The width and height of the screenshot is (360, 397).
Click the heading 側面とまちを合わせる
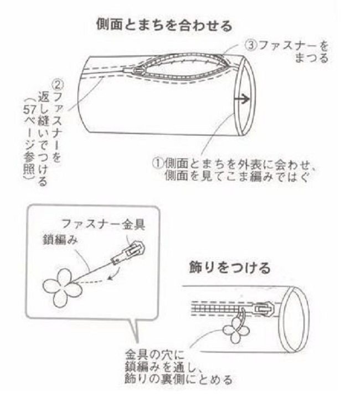(x=164, y=25)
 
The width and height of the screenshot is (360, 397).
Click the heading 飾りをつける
(x=230, y=268)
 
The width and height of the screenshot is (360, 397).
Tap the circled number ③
(x=251, y=46)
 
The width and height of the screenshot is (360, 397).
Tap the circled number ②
(x=58, y=85)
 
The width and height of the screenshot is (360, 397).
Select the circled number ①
(x=158, y=163)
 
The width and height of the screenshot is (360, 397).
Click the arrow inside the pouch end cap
(x=242, y=100)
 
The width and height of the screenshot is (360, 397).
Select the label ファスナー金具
(x=104, y=224)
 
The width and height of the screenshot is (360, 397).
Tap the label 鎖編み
(x=60, y=240)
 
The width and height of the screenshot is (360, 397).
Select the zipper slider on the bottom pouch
(x=264, y=308)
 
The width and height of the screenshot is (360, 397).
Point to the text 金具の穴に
(x=155, y=355)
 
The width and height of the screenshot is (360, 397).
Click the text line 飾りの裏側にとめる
(x=178, y=379)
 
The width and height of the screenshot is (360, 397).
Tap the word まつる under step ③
(x=311, y=59)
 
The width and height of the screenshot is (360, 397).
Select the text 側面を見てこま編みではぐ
(x=237, y=176)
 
